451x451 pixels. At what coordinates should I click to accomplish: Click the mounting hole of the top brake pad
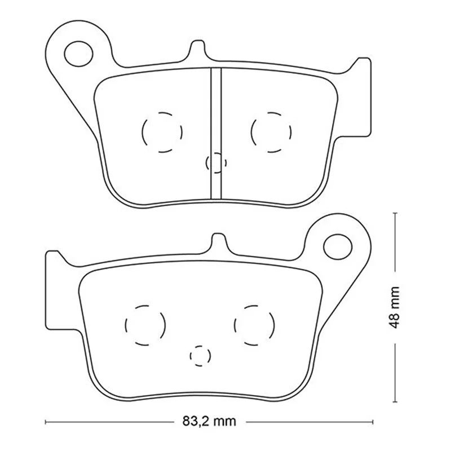[x=79, y=54]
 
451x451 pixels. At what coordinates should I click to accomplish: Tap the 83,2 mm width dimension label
[x=209, y=421]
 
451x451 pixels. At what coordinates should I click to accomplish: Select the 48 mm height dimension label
[x=393, y=307]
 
